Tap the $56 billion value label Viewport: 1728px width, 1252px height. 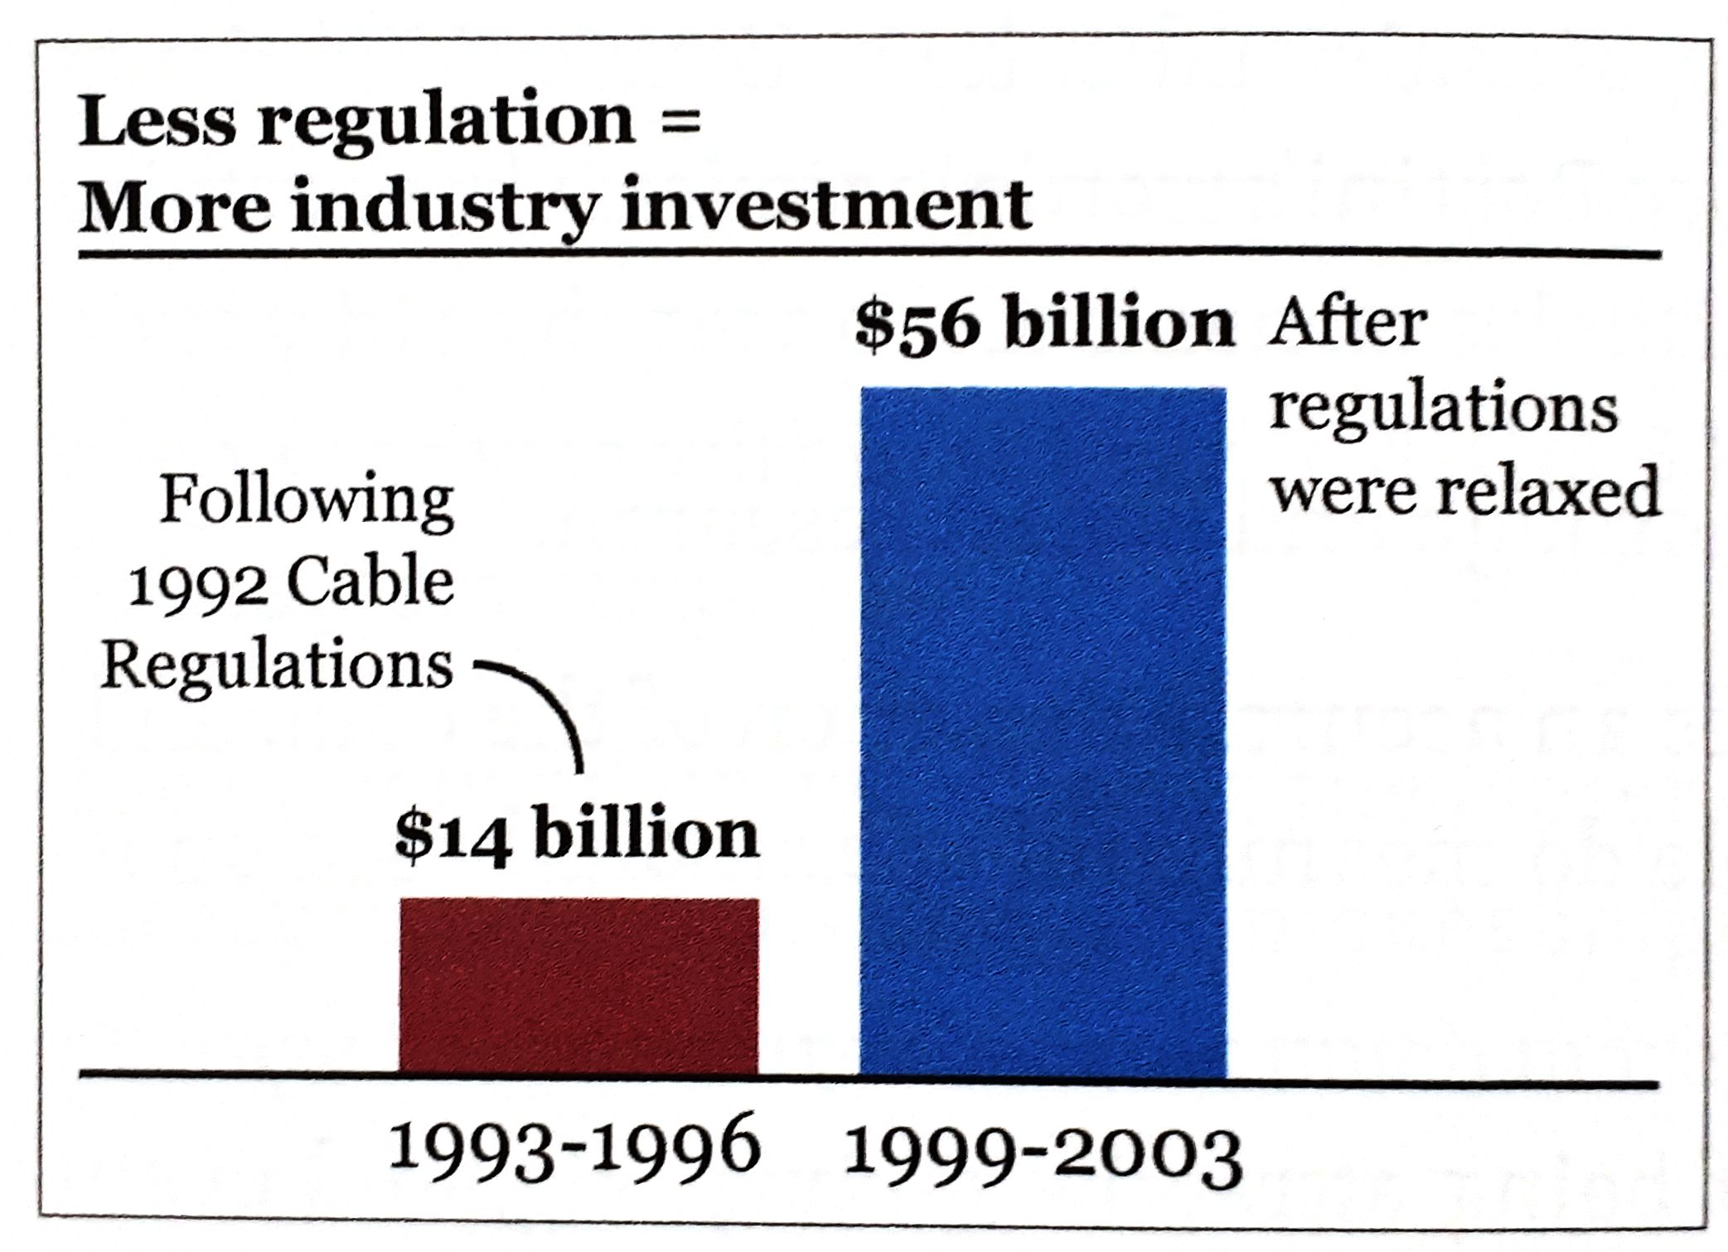point(1044,324)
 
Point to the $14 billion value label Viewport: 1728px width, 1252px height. point(577,834)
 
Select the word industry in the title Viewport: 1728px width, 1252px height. point(443,206)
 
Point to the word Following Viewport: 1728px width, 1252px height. point(307,501)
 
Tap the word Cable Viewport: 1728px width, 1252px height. point(370,583)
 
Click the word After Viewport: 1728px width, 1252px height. point(1348,324)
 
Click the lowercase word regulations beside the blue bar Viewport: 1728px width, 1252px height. point(1443,408)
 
